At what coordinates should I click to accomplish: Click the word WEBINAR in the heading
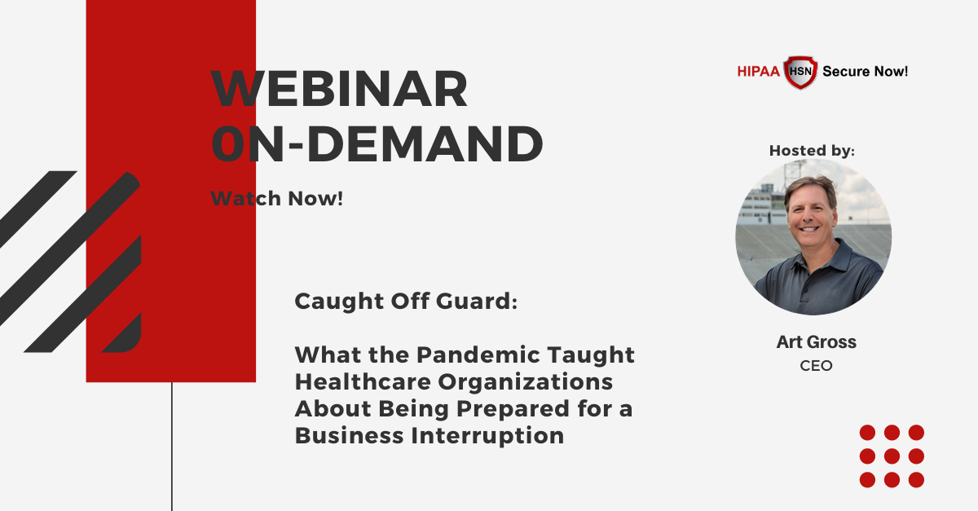point(339,89)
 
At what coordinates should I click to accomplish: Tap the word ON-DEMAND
point(377,143)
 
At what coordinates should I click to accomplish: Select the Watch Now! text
point(277,198)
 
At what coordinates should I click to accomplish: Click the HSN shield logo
point(800,72)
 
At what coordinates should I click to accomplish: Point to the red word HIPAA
point(759,71)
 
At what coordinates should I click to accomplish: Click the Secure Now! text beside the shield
point(865,71)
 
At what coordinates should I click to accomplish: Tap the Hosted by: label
point(812,150)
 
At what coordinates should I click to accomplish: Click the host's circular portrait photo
point(813,237)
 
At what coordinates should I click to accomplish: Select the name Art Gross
point(816,341)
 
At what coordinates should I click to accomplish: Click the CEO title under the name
point(816,366)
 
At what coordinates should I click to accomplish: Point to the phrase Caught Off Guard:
point(406,301)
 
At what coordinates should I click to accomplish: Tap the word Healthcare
point(363,381)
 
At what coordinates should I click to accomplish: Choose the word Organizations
point(525,382)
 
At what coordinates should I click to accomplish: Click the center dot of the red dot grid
point(892,456)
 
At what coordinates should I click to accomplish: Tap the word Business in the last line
point(350,435)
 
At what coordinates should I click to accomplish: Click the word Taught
point(590,355)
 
